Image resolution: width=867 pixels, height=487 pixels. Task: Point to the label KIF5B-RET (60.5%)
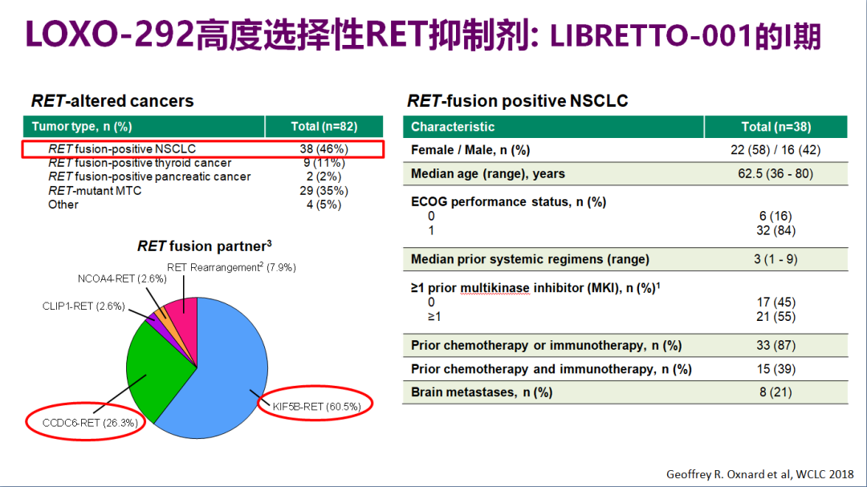(x=317, y=407)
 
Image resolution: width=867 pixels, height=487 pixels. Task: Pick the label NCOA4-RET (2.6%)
(x=122, y=278)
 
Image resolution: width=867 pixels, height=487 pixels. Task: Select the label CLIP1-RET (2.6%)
(x=83, y=306)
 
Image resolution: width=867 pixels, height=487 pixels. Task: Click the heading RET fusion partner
(x=204, y=246)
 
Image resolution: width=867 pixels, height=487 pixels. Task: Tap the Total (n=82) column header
(x=324, y=127)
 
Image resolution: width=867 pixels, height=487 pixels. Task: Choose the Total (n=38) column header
(x=775, y=127)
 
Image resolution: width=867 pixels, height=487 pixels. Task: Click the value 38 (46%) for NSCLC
(x=324, y=149)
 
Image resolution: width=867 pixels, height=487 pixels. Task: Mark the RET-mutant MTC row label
(x=95, y=191)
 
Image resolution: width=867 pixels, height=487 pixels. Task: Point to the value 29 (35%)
(x=324, y=191)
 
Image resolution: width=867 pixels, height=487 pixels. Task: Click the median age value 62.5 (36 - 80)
(x=775, y=173)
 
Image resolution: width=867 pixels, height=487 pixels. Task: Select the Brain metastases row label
(x=482, y=392)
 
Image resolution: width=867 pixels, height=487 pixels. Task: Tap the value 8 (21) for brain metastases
(x=775, y=392)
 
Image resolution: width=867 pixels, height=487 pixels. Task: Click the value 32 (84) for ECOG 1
(x=775, y=230)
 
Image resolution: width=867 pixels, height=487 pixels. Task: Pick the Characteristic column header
(x=453, y=127)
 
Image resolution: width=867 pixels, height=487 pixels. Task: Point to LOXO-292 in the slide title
(x=109, y=34)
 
